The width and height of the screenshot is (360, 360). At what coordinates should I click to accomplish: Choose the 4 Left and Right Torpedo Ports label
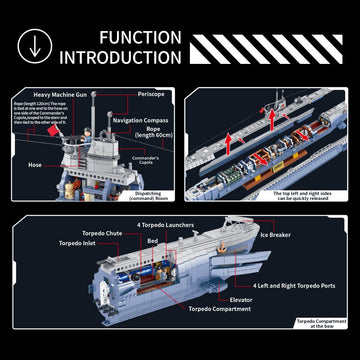click(x=293, y=285)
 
